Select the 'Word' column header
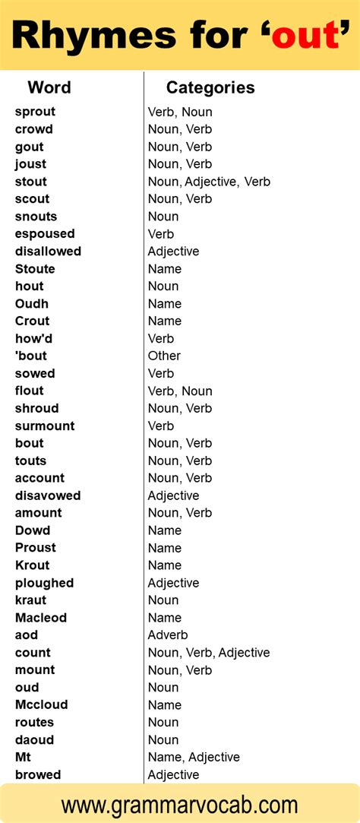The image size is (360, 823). click(x=49, y=87)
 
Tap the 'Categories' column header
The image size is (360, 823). click(x=210, y=87)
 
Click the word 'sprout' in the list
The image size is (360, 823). click(x=35, y=112)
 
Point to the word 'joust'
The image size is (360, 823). click(x=30, y=164)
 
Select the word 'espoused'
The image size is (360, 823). click(x=45, y=234)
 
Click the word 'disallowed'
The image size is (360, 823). click(x=48, y=252)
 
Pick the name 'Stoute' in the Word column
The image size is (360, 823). click(x=35, y=269)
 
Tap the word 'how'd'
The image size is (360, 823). click(x=34, y=338)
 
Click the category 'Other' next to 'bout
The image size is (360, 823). click(x=164, y=356)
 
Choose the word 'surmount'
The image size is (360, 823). click(x=45, y=426)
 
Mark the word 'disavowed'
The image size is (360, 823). click(x=48, y=495)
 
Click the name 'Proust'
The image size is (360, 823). click(x=36, y=548)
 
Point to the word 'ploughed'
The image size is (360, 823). click(x=44, y=583)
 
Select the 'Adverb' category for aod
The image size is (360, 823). click(x=168, y=635)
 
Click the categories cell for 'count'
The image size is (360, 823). click(x=209, y=653)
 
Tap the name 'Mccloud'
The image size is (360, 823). click(x=41, y=705)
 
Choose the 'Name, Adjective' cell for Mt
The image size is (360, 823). click(x=194, y=758)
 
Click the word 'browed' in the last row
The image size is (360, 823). click(x=38, y=775)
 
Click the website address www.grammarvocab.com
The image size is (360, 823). click(x=180, y=804)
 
